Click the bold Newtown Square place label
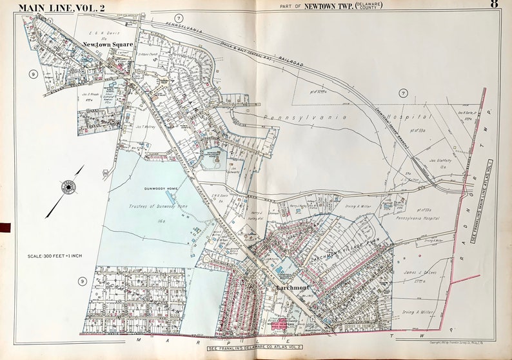click(108, 45)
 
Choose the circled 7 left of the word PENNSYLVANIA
click(178, 17)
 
